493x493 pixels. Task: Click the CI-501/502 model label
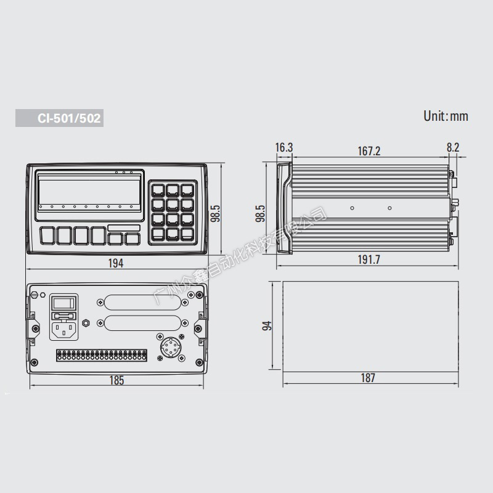pyautogui.click(x=69, y=118)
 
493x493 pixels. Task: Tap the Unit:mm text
pyautogui.click(x=446, y=116)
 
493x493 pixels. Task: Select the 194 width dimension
pyautogui.click(x=116, y=263)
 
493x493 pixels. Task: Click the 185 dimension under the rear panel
pyautogui.click(x=116, y=380)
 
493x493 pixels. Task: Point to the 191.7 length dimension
pyautogui.click(x=369, y=259)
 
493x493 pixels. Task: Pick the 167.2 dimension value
pyautogui.click(x=369, y=151)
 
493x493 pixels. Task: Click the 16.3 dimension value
pyautogui.click(x=284, y=147)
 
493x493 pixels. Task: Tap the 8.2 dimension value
pyautogui.click(x=453, y=147)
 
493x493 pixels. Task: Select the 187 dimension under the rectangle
pyautogui.click(x=368, y=378)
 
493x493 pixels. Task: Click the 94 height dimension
pyautogui.click(x=267, y=326)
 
